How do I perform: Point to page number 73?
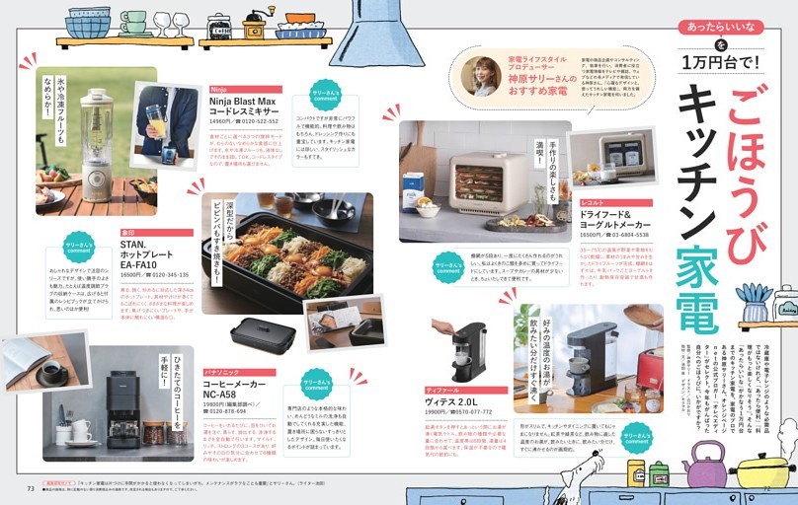(31, 487)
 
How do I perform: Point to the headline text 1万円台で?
(722, 61)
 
